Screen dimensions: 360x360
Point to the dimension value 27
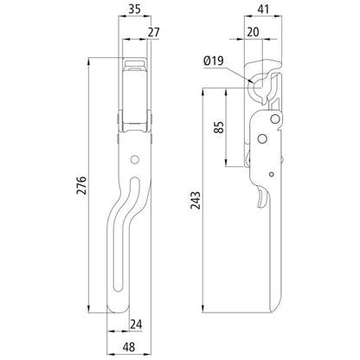154,34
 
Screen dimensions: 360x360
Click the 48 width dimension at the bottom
127,345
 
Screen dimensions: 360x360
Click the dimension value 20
253,33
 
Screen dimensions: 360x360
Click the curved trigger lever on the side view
263,199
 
